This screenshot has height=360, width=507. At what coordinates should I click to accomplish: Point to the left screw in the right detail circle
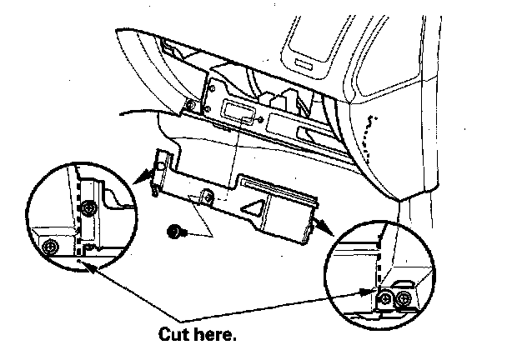[386, 297]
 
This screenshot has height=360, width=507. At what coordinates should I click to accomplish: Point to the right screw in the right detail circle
[404, 297]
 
